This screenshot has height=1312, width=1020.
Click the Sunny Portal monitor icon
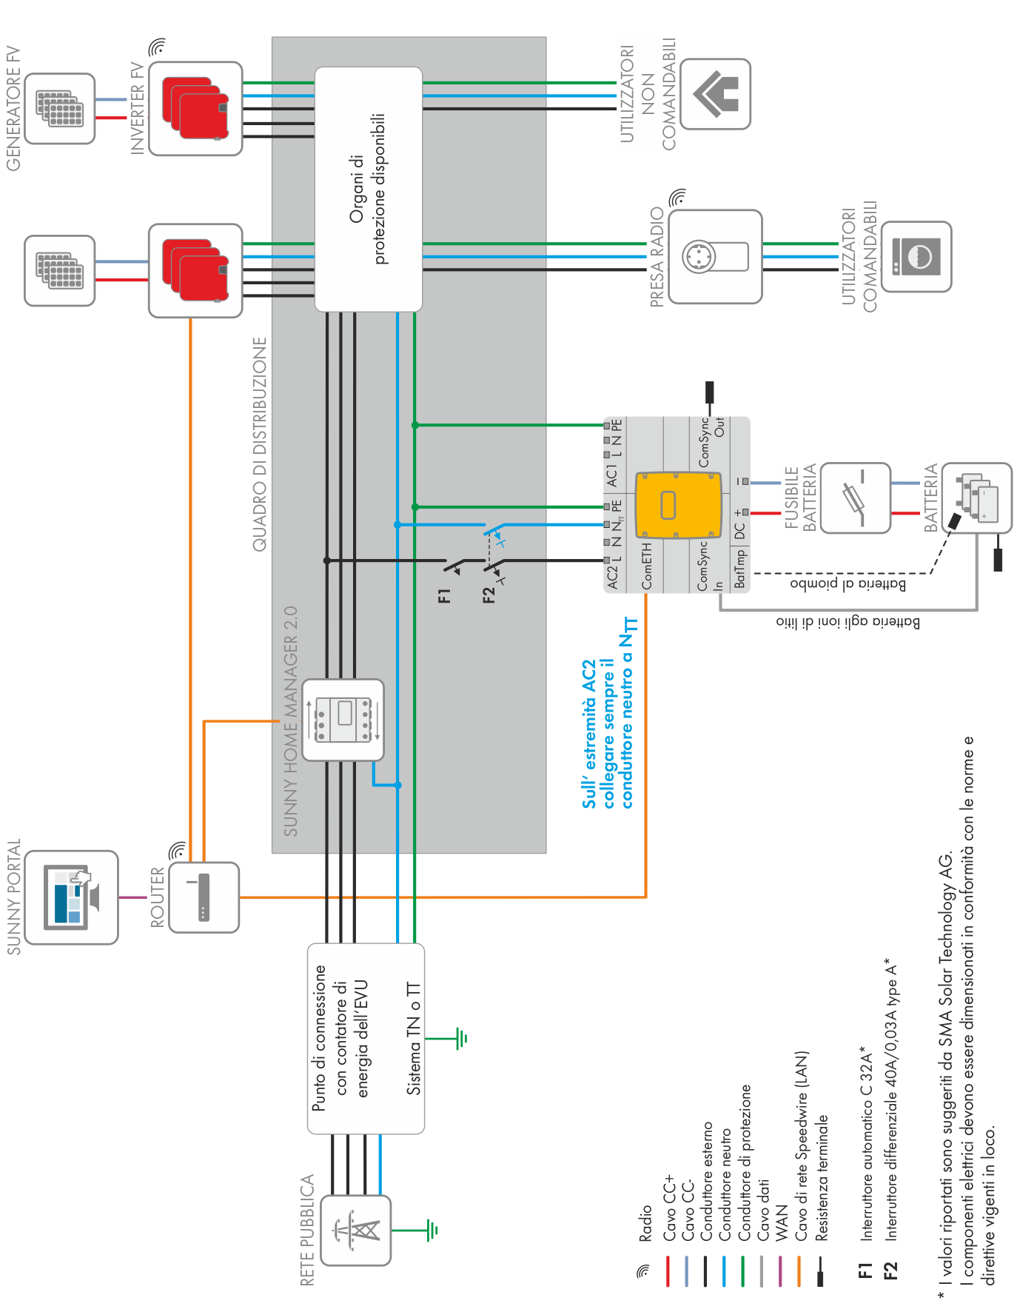tap(72, 897)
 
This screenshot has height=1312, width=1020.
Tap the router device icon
tap(204, 897)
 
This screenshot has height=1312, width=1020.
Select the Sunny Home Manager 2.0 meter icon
tap(343, 720)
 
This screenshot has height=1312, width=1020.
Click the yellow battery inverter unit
tap(678, 505)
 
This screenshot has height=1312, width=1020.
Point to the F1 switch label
tap(444, 595)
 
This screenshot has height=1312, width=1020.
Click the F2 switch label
tap(489, 595)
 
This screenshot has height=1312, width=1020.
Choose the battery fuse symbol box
tap(856, 498)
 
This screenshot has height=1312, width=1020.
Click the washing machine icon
tap(916, 256)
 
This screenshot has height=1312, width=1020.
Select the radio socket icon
tap(715, 256)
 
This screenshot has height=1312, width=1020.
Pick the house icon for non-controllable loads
tap(715, 94)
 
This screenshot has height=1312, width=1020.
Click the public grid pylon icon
tap(356, 1230)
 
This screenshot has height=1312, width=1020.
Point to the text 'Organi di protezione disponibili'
tap(368, 189)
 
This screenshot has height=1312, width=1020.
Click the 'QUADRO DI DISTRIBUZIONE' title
tap(260, 444)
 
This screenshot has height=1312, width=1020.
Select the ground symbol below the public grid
tap(432, 1231)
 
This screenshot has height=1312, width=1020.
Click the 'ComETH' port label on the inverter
tap(647, 567)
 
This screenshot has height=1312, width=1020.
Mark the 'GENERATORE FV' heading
tap(13, 108)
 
